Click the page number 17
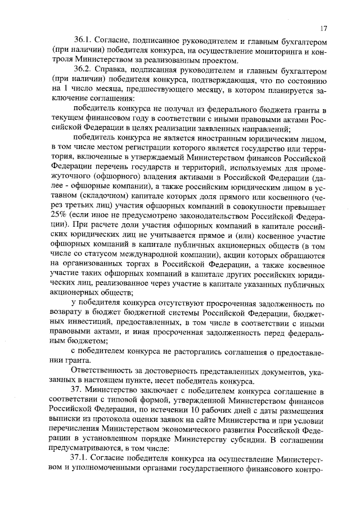[x=324, y=29]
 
